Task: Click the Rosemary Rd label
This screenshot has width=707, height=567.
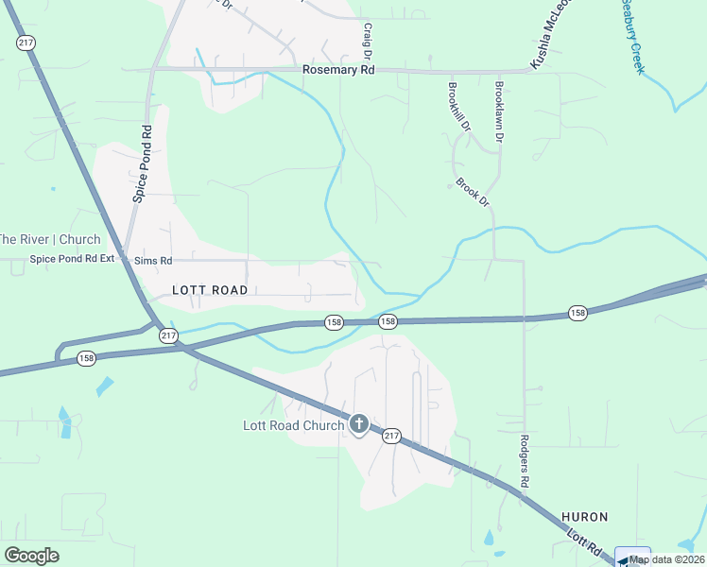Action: point(338,71)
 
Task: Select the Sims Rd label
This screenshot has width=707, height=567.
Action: point(153,260)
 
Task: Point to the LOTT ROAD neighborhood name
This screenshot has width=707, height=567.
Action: point(210,290)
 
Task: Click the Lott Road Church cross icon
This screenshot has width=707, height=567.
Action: point(358,424)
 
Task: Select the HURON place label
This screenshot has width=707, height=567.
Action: point(584,517)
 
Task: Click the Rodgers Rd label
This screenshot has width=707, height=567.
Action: point(525,461)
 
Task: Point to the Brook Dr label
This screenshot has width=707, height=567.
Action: point(474,192)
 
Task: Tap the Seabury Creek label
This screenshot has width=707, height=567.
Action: point(630,36)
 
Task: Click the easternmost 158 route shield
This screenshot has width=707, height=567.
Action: point(578,312)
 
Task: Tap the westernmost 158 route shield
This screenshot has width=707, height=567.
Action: point(86,358)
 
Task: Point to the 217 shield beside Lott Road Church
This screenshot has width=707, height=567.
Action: point(392,436)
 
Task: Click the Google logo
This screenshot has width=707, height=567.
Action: point(31,555)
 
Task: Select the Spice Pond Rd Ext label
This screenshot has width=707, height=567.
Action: point(72,259)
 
